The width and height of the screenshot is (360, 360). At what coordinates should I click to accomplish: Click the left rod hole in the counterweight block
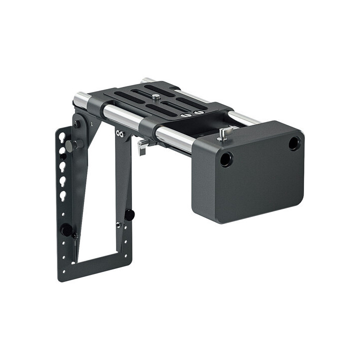pos(226,159)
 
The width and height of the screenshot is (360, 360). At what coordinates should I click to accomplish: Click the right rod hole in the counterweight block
pos(294,143)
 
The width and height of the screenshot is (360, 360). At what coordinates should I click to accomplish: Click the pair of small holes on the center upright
pos(119,133)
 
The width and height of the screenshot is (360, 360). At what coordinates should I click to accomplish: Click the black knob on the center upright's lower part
pos(129,215)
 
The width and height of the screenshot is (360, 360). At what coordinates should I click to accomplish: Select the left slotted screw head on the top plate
pos(185,115)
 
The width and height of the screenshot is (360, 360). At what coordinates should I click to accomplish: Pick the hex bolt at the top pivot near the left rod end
pos(78,123)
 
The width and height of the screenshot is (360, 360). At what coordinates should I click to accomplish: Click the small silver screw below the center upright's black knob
pos(118,225)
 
